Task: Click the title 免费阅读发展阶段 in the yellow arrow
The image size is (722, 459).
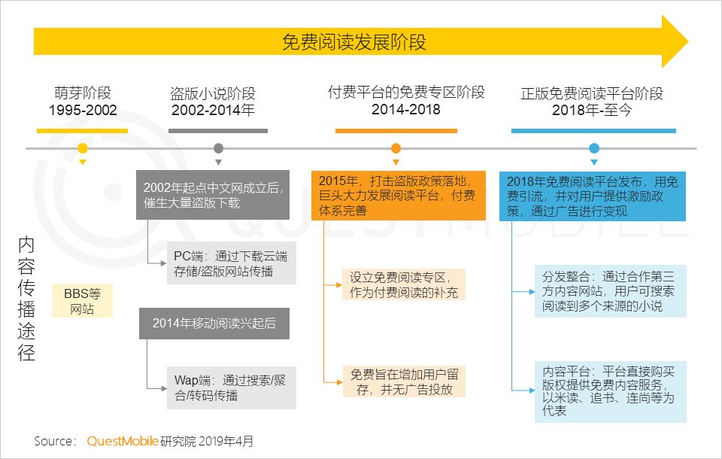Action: tap(353, 41)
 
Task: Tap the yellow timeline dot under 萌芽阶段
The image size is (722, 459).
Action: tap(83, 148)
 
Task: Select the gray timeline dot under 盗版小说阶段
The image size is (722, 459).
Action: tap(219, 148)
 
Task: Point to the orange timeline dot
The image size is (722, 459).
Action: tap(396, 148)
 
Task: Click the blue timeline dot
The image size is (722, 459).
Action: tap(594, 148)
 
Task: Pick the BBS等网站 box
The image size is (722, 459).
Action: tap(82, 301)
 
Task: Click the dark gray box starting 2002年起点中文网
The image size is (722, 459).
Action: tap(213, 195)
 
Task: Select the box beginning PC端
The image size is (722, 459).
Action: tap(231, 263)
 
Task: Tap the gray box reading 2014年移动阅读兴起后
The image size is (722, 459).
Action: tap(214, 324)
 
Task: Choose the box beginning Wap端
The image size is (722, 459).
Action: tap(231, 388)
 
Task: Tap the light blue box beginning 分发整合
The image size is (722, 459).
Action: tap(610, 290)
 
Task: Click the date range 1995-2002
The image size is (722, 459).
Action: tap(83, 110)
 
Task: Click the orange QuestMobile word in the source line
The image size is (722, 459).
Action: tap(121, 441)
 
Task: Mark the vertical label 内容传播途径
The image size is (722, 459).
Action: tap(27, 299)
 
